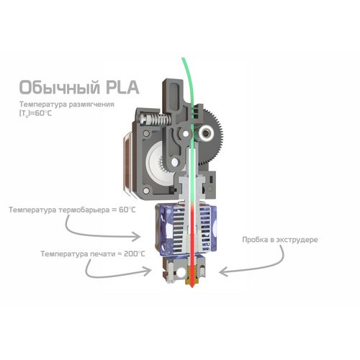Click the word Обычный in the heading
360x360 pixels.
point(59,87)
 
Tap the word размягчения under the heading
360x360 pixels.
point(91,105)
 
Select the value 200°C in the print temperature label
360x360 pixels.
point(135,253)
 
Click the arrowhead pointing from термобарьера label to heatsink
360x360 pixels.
point(136,236)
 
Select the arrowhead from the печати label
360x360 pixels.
point(147,271)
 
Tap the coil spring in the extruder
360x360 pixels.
point(159,120)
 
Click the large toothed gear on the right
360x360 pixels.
point(210,137)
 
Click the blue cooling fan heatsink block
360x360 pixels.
point(186,229)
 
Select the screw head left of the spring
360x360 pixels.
point(142,119)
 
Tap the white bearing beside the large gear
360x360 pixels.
point(206,132)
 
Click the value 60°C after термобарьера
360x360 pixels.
point(127,210)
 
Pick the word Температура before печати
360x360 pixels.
point(64,253)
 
